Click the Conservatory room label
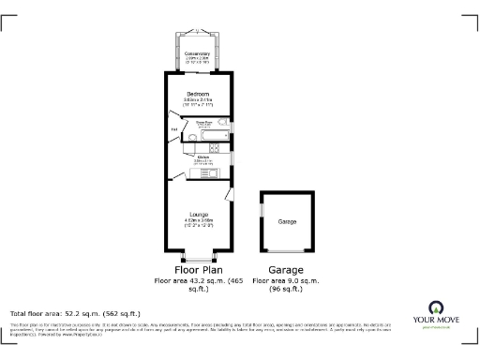(x=198, y=53)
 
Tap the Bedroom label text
(x=198, y=95)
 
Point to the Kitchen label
(x=203, y=157)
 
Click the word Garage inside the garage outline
(x=287, y=221)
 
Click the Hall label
(x=173, y=128)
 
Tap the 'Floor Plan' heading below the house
(x=198, y=270)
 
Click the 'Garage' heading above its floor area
(x=286, y=270)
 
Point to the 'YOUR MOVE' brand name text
(x=436, y=320)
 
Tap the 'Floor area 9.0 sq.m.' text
(x=287, y=280)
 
